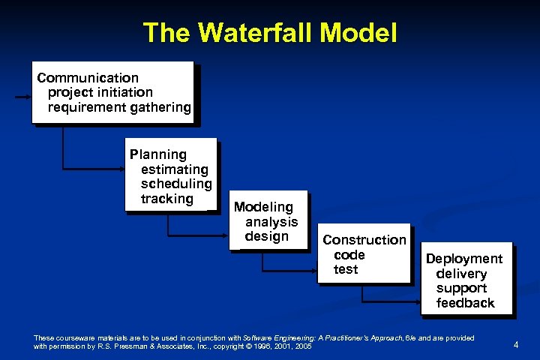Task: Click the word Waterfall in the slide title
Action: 251,32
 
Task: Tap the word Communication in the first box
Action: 88,78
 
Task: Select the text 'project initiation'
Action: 100,92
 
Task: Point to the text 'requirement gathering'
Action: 119,107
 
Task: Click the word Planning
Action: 157,154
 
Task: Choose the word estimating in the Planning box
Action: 174,169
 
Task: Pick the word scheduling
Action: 176,184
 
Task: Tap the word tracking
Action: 166,199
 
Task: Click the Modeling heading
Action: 263,206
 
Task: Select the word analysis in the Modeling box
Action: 271,221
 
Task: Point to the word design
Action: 266,236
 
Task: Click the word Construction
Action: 364,240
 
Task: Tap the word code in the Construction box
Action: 349,255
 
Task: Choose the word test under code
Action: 346,269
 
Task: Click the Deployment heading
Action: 464,259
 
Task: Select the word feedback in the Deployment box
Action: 466,303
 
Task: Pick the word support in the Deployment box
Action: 461,288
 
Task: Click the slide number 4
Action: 516,344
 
